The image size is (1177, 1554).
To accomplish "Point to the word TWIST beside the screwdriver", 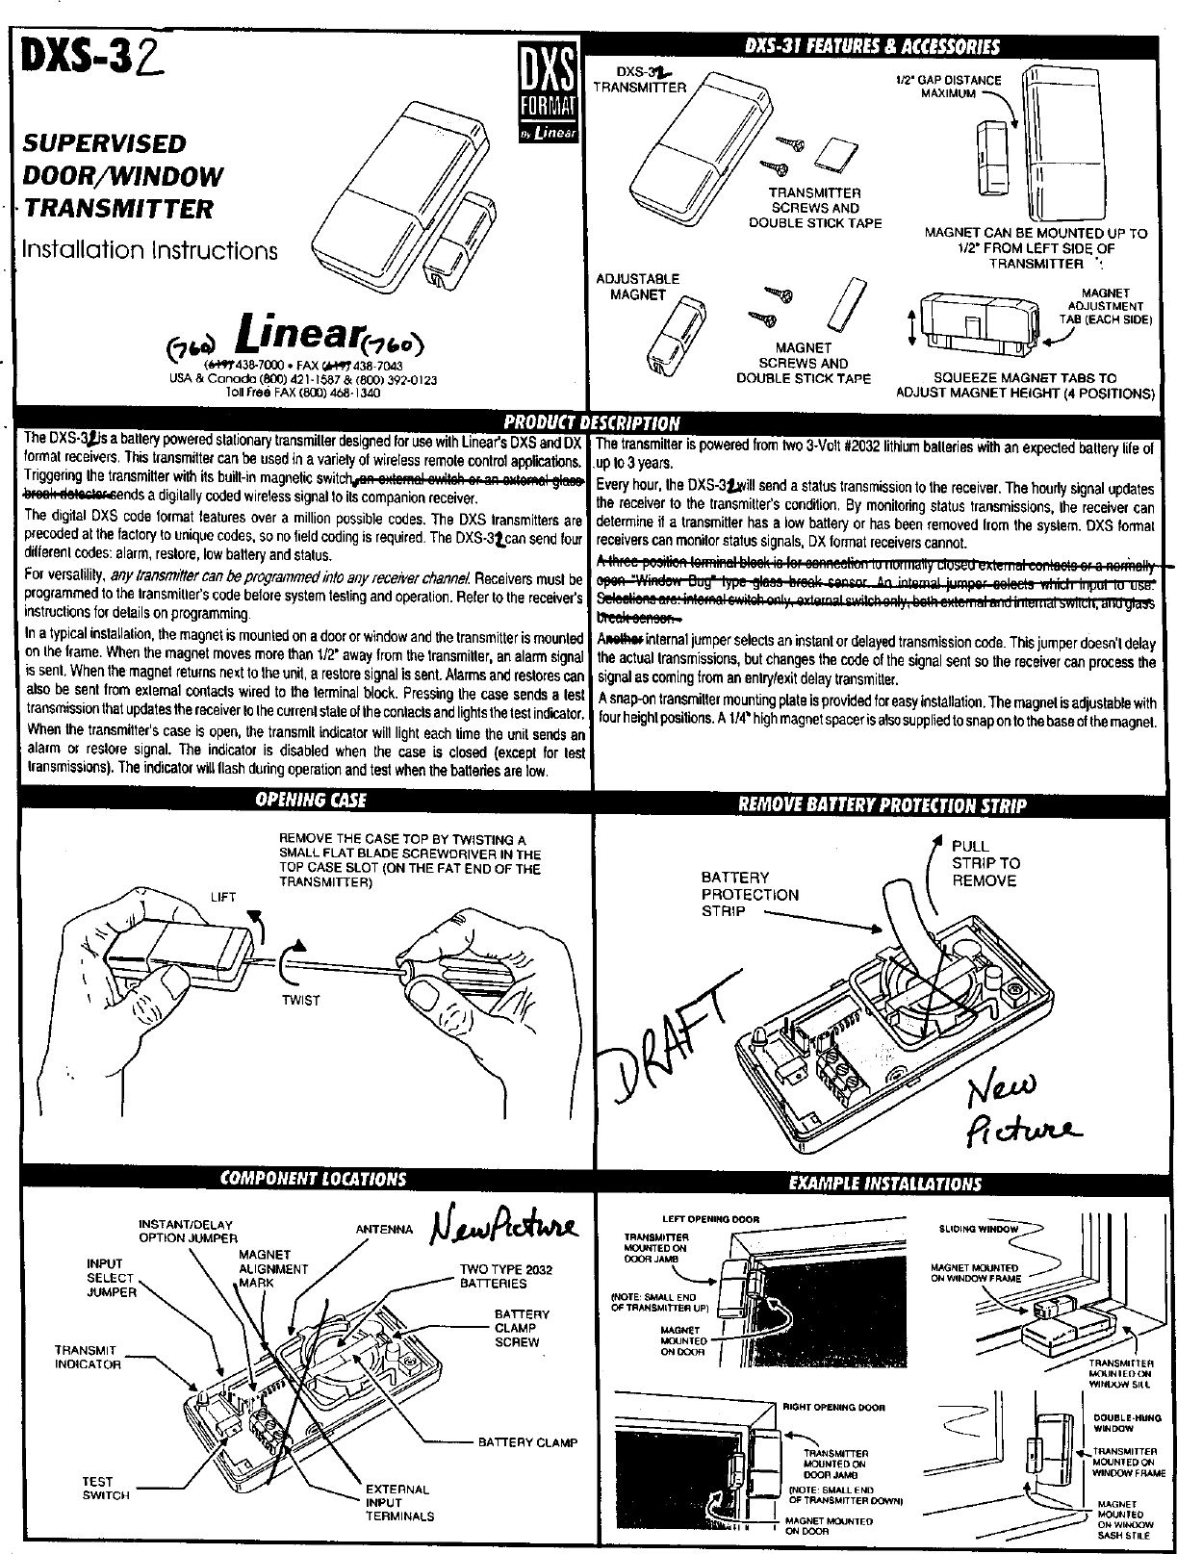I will [x=300, y=1001].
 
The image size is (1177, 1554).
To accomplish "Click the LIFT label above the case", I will [x=222, y=897].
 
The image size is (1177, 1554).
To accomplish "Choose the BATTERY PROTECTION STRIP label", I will [x=750, y=894].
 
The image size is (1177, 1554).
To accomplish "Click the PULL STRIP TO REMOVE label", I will [x=985, y=863].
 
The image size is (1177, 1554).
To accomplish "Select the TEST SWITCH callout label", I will [x=98, y=1489].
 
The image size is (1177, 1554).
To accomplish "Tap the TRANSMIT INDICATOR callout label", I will [x=88, y=1357].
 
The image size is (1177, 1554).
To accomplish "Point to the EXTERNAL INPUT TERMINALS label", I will [x=398, y=1502].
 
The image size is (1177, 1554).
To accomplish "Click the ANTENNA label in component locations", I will [x=384, y=1229].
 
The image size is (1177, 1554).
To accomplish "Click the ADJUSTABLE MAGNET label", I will [x=638, y=287].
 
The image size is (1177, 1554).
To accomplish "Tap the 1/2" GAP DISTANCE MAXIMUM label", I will [x=947, y=87].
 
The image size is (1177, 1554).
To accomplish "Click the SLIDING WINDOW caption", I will [x=978, y=1229].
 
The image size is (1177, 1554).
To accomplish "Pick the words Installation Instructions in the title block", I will [x=150, y=250].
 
